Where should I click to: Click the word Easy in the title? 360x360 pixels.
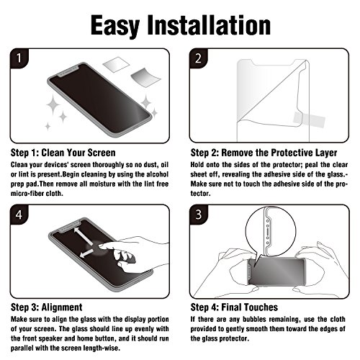(115, 26)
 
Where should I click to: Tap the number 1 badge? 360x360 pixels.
(19, 58)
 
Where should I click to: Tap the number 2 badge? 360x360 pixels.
(198, 58)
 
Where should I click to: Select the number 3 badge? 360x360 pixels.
(198, 215)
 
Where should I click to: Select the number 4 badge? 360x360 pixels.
(19, 215)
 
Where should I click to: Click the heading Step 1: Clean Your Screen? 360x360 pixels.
(63, 153)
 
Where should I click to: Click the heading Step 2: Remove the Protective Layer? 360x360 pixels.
(264, 153)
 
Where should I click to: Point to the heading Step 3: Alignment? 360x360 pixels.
(47, 307)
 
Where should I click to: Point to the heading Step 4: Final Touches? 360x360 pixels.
(234, 307)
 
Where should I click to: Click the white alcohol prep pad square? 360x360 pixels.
(117, 64)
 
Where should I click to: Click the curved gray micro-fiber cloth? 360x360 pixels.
(145, 76)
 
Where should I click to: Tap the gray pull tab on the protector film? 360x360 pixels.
(309, 120)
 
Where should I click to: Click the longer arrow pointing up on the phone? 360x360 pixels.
(84, 236)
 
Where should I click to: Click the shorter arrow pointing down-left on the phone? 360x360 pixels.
(86, 253)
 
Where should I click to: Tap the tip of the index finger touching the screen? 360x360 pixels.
(100, 246)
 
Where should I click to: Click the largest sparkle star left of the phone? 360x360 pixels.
(53, 104)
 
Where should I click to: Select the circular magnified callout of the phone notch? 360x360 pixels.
(271, 231)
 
